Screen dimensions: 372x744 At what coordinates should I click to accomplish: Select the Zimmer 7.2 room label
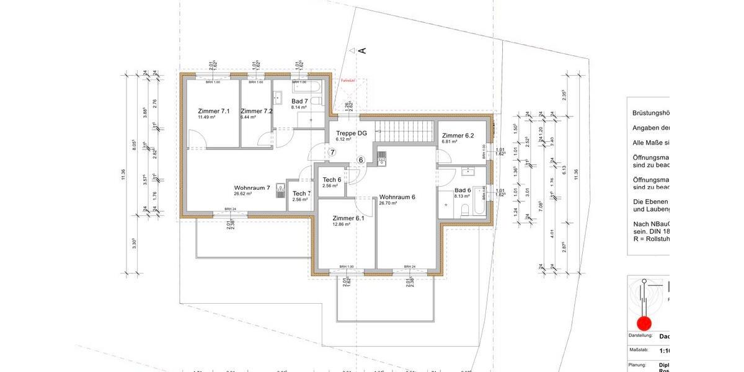256,111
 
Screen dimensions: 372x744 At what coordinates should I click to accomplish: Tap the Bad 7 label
299,101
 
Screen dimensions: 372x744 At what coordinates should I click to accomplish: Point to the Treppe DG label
352,133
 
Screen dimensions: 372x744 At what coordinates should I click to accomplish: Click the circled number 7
332,152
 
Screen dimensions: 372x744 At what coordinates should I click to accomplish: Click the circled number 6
361,160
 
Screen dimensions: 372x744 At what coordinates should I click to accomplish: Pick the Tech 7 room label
301,193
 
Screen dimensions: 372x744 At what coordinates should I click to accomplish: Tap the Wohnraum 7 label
252,188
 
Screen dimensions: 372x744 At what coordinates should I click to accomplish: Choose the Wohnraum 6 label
397,197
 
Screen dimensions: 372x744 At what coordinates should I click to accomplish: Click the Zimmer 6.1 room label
348,218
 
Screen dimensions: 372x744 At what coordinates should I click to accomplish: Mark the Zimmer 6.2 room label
458,135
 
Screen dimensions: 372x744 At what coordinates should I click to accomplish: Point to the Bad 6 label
463,190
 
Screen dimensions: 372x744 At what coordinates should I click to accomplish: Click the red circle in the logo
644,323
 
